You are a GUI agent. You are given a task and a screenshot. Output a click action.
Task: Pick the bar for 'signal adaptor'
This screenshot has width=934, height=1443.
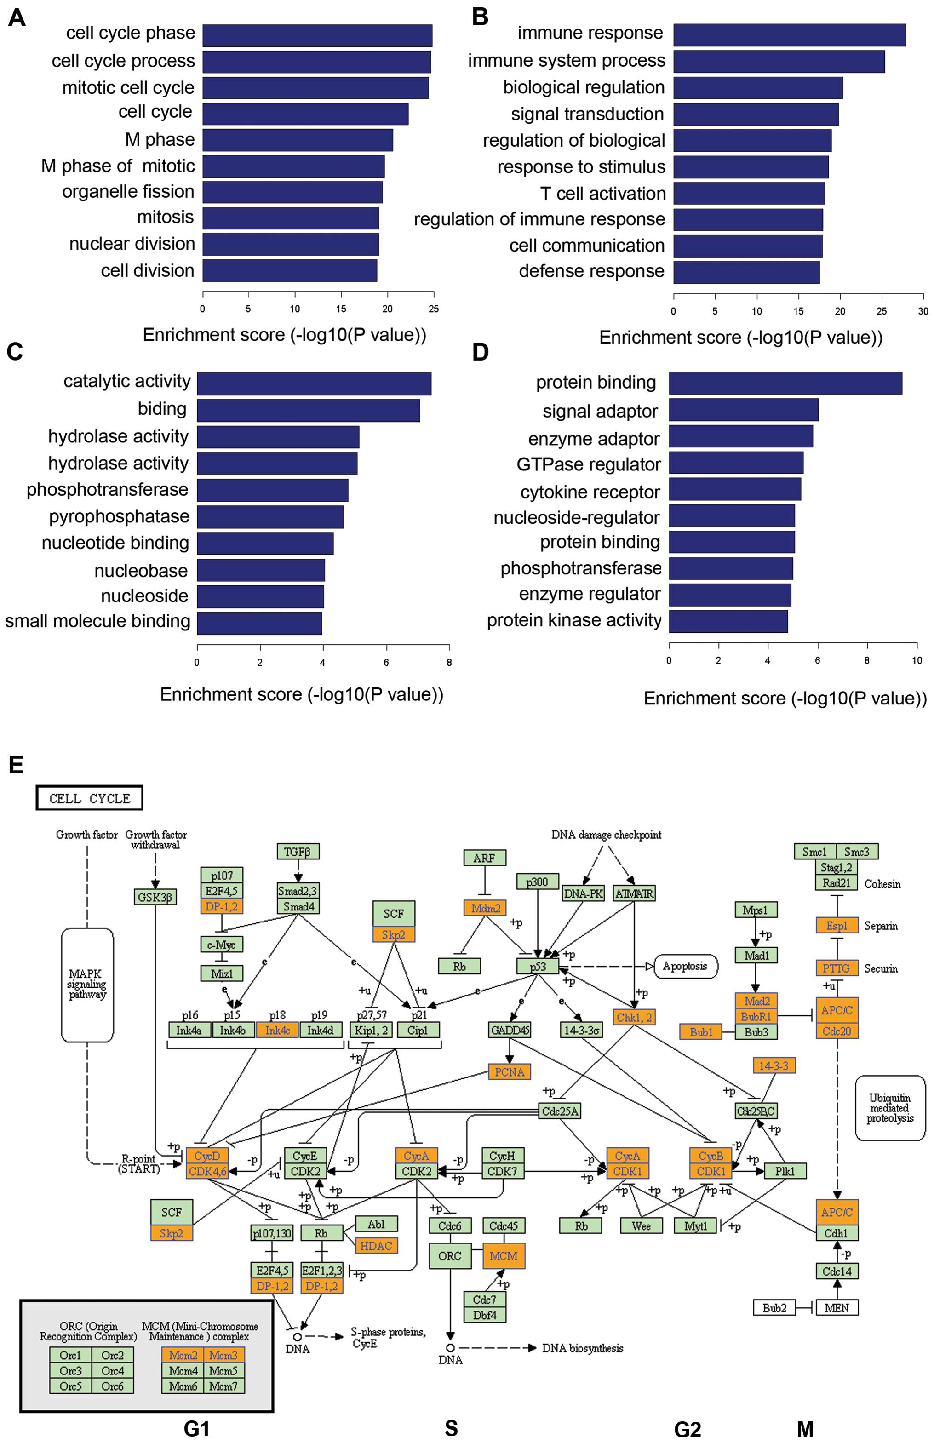[x=744, y=410]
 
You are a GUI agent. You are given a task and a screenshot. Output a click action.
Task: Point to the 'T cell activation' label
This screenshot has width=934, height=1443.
[x=602, y=194]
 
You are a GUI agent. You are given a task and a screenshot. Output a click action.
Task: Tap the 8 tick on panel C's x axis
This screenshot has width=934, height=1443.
[x=449, y=663]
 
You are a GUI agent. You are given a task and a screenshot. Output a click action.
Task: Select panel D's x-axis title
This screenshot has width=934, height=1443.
[x=785, y=699]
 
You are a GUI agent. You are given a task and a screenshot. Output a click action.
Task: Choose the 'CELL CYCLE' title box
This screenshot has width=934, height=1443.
[x=89, y=798]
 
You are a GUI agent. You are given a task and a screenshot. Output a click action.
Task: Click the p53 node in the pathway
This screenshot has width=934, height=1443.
[x=537, y=967]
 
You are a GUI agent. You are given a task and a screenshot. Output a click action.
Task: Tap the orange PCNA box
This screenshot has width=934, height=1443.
[x=509, y=1072]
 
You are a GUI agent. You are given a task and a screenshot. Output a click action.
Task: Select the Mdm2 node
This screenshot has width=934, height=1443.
[x=485, y=908]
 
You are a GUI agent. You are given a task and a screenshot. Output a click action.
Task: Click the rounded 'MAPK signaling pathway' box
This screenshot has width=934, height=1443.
[x=87, y=985]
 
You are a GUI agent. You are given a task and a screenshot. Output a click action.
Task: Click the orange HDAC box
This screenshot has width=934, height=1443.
[x=376, y=1246]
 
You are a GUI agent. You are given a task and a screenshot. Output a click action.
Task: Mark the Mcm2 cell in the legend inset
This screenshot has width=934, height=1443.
[x=183, y=1355]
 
